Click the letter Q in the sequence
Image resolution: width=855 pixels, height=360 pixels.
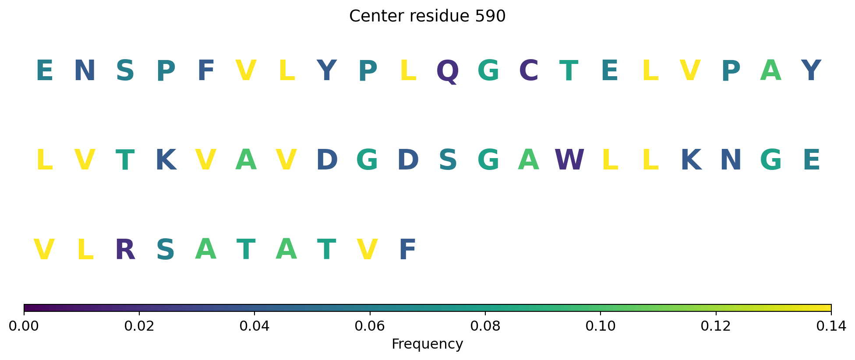pos(448,71)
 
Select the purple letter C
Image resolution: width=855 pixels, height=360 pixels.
pos(529,71)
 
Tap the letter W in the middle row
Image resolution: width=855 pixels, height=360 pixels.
pos(569,160)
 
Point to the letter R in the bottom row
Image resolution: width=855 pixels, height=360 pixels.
pos(125,250)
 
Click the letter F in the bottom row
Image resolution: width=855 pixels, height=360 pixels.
pos(407,250)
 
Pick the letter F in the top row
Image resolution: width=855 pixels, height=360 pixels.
pos(206,71)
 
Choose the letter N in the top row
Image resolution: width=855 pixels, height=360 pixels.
pos(85,71)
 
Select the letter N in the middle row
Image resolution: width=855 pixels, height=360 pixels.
pos(731,160)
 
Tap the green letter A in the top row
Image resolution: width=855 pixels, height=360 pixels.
pos(771,71)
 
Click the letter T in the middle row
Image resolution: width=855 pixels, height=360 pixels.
pos(125,160)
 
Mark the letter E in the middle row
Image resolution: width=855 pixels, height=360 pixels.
pos(811,160)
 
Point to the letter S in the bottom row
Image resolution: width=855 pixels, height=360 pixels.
pos(166,250)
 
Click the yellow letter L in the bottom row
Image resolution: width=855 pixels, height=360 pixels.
pos(85,250)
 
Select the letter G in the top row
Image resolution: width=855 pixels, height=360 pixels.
pos(488,71)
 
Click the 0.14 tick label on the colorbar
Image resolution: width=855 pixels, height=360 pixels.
pos(831,326)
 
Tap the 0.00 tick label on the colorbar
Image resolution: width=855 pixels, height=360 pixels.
pos(24,326)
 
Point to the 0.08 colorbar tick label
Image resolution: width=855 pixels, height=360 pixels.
pos(485,326)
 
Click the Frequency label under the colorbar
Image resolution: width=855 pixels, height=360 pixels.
pos(427,344)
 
